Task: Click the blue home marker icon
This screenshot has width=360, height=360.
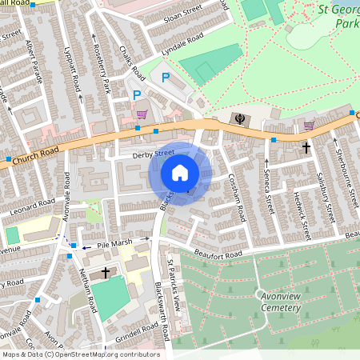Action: coord(180,172)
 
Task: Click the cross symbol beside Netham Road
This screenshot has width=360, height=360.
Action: coord(105,273)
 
